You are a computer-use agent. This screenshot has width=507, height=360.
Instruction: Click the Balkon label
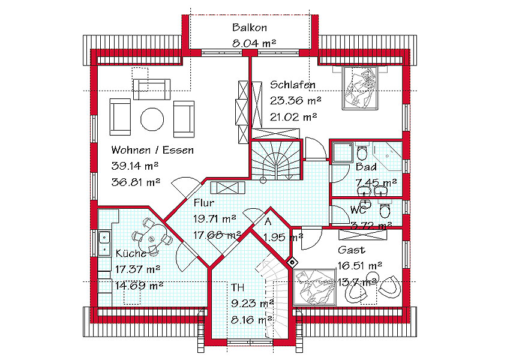tap(250, 28)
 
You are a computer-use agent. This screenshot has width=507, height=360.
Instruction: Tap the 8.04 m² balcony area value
tap(254, 43)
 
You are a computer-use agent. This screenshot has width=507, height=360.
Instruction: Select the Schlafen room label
tap(293, 85)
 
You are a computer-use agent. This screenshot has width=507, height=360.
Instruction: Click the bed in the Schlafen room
tap(360, 88)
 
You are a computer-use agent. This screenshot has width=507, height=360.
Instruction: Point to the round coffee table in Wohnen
tap(152, 119)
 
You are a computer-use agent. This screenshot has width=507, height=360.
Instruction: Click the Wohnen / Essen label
tap(152, 150)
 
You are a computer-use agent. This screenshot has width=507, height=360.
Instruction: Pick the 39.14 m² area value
tap(135, 166)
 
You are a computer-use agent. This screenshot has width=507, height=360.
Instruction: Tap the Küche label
tap(131, 253)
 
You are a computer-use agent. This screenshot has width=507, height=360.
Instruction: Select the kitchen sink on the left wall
tap(104, 242)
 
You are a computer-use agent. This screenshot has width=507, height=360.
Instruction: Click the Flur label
tap(204, 203)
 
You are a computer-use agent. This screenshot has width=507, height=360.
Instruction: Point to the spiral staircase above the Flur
tap(277, 160)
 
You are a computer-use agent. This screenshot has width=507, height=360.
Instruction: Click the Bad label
tap(366, 167)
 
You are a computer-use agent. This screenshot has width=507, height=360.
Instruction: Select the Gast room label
tap(352, 250)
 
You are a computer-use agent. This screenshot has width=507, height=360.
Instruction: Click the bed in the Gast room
tap(314, 287)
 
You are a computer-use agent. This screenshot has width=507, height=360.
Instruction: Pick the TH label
tap(238, 287)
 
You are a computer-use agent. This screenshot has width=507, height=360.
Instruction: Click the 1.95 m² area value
tap(284, 238)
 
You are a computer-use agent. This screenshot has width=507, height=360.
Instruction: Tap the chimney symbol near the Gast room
tap(292, 262)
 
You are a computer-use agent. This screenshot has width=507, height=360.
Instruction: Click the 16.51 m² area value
tap(360, 266)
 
